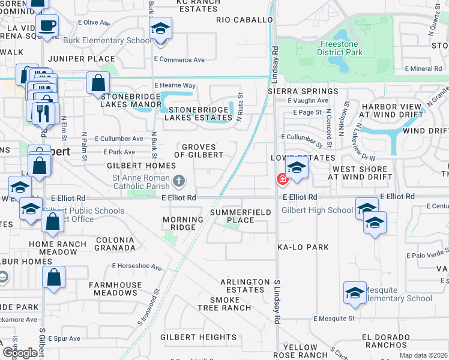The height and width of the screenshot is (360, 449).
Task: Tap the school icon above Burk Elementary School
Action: point(160,28)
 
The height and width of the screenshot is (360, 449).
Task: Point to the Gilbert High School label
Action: point(317,210)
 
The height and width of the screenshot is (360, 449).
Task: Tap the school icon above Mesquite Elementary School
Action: point(355,292)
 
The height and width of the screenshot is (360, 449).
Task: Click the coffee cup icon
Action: point(47,26)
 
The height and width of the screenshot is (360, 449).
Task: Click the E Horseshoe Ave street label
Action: point(137,266)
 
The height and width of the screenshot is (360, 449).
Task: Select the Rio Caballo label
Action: point(245,20)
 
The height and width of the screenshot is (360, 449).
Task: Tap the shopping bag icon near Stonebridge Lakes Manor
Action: point(98,83)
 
